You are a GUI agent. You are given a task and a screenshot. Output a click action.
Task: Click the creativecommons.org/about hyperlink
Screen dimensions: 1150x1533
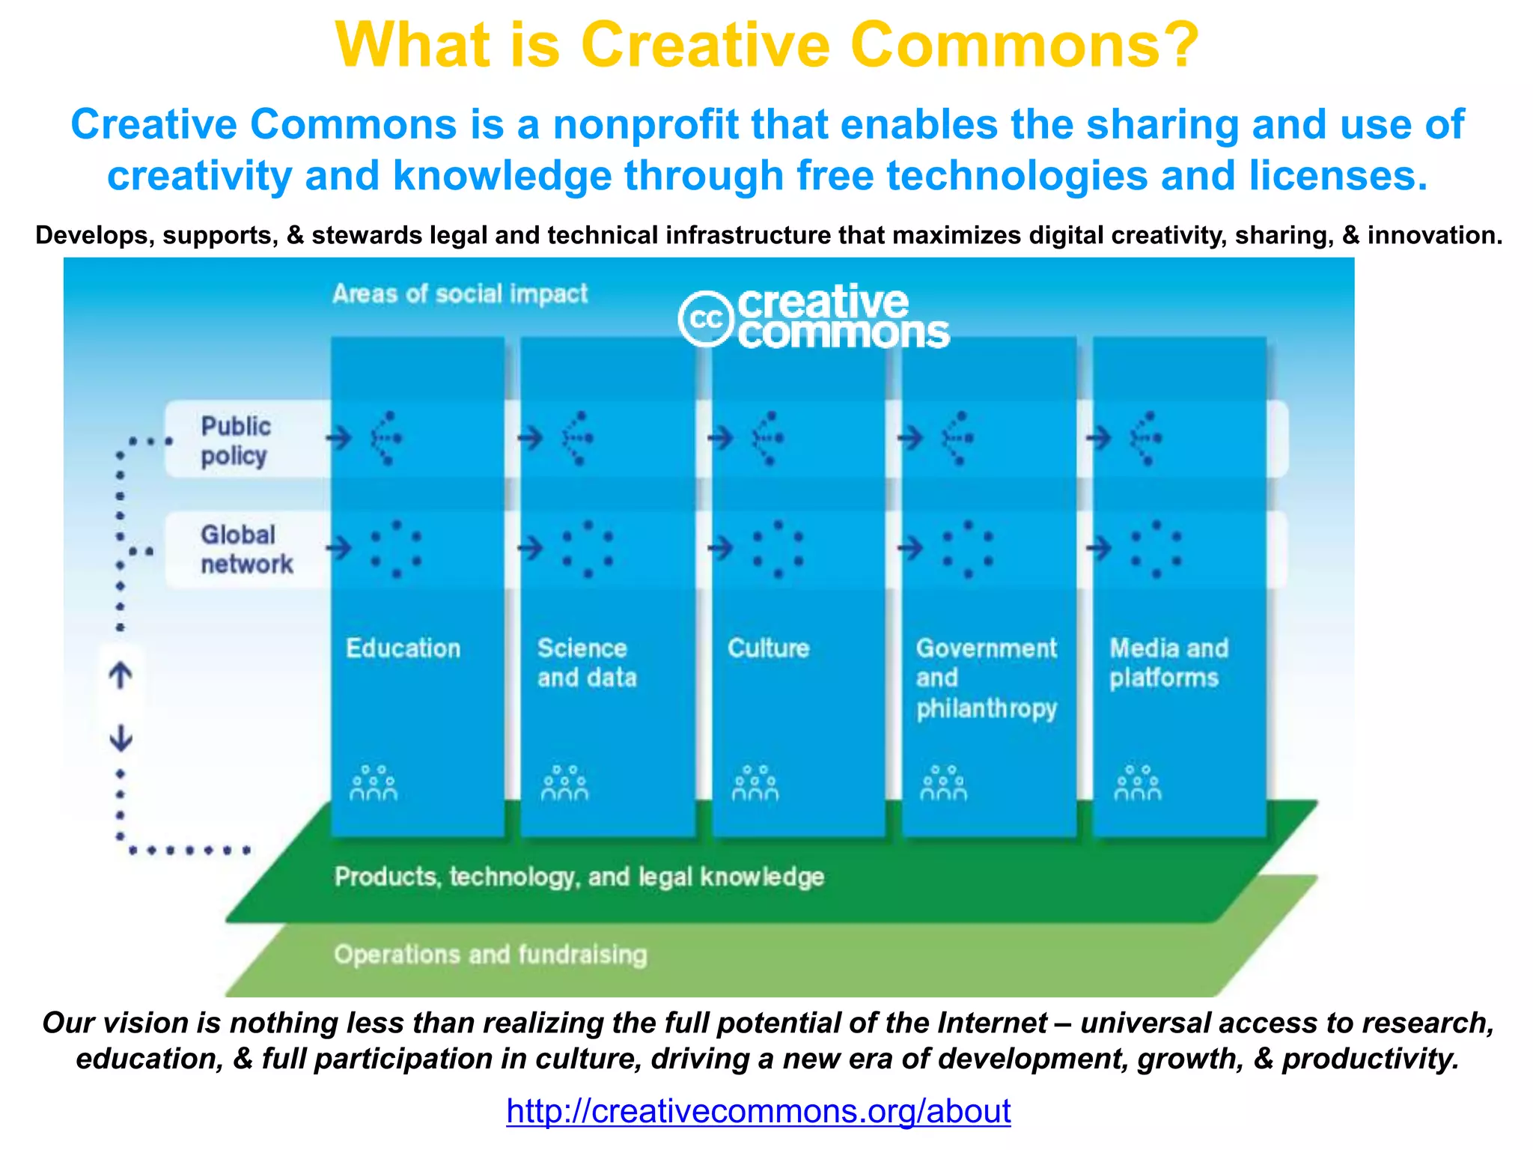point(758,1111)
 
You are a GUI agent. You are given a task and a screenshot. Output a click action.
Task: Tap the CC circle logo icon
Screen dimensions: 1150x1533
point(705,319)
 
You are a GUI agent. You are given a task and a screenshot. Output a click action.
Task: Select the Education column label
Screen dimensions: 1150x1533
point(403,648)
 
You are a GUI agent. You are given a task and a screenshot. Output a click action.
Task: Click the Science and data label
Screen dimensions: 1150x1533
point(586,663)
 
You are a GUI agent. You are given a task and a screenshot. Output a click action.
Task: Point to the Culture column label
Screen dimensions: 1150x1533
point(768,648)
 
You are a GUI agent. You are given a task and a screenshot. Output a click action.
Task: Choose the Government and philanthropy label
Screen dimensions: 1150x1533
point(986,678)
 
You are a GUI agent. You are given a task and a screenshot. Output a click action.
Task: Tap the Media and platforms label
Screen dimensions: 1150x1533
point(1168,663)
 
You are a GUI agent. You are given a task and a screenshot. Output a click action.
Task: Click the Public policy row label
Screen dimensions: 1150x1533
point(235,440)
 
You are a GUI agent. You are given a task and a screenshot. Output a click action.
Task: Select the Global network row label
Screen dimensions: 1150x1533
point(246,549)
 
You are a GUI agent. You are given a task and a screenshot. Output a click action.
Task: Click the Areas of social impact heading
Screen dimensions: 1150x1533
point(460,293)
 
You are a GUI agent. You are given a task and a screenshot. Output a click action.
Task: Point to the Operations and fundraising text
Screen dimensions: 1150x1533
point(490,955)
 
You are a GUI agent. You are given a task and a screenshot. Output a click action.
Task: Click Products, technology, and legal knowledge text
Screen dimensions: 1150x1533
point(579,877)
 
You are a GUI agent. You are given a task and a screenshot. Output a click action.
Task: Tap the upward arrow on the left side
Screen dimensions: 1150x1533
point(121,675)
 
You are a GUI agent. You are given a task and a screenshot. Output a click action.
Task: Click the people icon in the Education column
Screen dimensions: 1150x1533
point(373,783)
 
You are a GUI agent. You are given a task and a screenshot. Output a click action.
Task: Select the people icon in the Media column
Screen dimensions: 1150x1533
point(1137,783)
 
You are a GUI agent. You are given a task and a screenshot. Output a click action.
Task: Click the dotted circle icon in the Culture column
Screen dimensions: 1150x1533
point(778,549)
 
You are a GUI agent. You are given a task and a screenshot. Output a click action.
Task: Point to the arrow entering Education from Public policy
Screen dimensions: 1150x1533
point(339,437)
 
